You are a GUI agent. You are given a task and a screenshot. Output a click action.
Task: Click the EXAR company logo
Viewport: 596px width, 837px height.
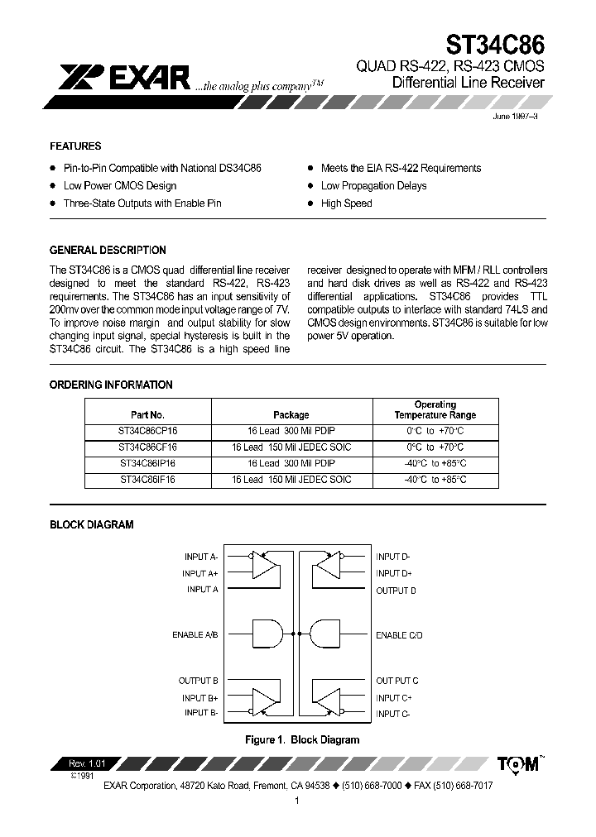[x=125, y=78]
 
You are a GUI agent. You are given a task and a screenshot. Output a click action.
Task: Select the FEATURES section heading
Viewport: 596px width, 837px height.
[x=75, y=146]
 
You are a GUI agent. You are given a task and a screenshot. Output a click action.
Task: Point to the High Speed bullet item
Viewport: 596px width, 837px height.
[x=346, y=203]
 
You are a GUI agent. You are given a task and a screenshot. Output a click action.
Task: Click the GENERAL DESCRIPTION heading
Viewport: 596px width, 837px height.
[x=108, y=250]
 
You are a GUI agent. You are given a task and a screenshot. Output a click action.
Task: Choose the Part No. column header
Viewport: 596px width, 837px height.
[x=148, y=415]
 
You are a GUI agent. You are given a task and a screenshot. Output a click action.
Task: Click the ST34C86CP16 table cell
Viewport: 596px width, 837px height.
[x=148, y=431]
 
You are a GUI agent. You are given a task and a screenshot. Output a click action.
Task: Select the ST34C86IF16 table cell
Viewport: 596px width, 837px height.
[x=148, y=480]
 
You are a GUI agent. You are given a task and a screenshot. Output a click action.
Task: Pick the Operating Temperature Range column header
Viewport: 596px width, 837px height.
[x=435, y=410]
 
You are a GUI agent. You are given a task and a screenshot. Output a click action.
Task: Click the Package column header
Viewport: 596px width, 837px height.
[x=291, y=415]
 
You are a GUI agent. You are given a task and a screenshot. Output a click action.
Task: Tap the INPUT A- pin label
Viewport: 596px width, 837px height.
[x=201, y=557]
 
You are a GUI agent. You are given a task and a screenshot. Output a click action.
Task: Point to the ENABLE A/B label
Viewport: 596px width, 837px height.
[x=195, y=635]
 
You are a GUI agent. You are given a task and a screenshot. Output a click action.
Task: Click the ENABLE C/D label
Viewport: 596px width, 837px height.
[x=399, y=635]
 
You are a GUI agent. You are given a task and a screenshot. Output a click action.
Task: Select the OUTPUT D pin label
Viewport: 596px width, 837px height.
[x=396, y=591]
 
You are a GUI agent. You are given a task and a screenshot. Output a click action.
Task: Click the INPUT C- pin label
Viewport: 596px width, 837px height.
[x=393, y=713]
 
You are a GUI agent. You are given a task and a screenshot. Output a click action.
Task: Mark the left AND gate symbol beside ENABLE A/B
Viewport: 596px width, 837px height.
[x=267, y=634]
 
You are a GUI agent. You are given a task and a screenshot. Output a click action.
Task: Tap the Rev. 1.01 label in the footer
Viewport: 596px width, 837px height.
[x=82, y=763]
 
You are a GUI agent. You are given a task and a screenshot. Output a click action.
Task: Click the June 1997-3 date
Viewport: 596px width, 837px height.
[x=516, y=117]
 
